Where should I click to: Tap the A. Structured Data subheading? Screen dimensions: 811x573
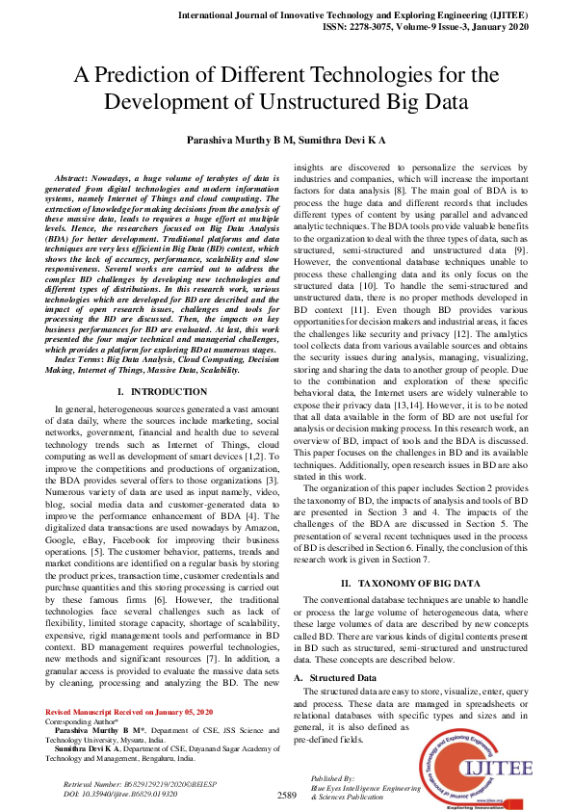pos(335,678)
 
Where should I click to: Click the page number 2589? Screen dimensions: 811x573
pos(286,796)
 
